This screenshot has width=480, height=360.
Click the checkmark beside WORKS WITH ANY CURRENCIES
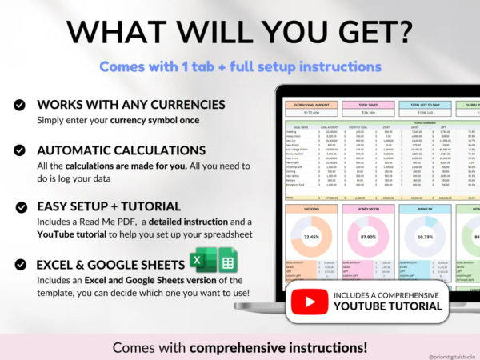tap(20, 105)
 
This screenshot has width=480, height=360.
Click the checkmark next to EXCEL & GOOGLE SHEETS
tap(20, 265)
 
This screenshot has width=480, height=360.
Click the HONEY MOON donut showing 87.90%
tap(369, 238)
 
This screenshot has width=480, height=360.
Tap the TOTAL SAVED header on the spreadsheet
tap(369, 105)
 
